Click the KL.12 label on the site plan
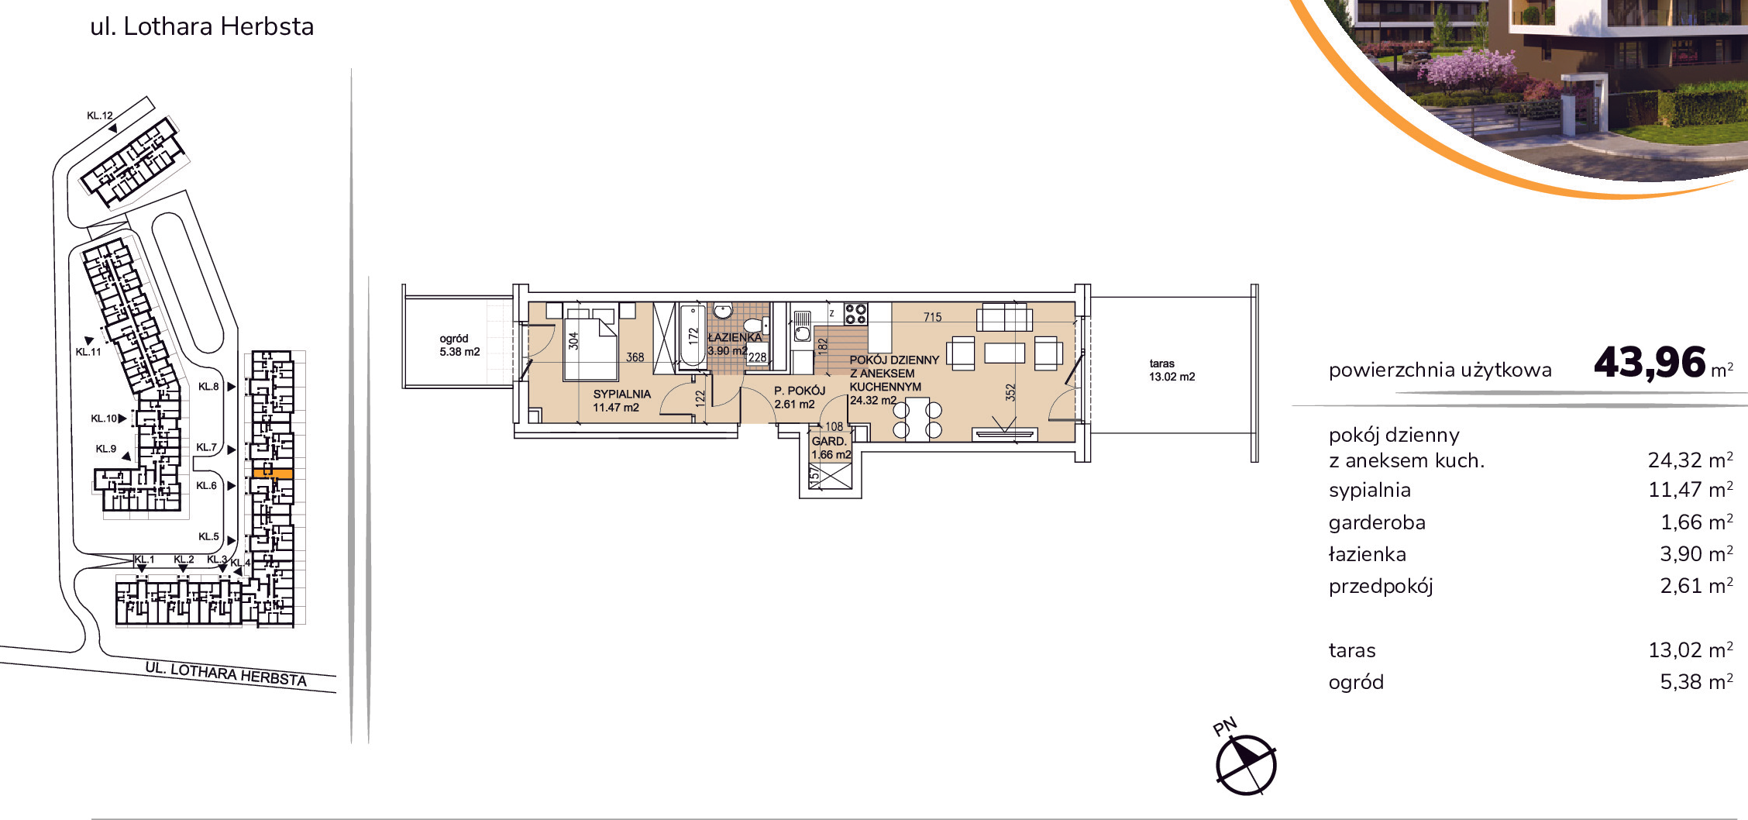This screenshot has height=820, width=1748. pyautogui.click(x=99, y=115)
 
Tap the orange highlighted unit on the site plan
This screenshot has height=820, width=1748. pyautogui.click(x=273, y=473)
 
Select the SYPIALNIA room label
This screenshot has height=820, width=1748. pyautogui.click(x=621, y=394)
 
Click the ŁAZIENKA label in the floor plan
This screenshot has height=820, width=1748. pyautogui.click(x=735, y=337)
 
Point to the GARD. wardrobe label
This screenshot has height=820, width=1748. pyautogui.click(x=829, y=441)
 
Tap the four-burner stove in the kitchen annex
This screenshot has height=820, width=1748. pyautogui.click(x=855, y=314)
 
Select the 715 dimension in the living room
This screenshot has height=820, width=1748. pyautogui.click(x=933, y=317)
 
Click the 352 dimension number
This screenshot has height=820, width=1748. pyautogui.click(x=1010, y=393)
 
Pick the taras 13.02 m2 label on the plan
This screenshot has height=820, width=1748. pyautogui.click(x=1172, y=370)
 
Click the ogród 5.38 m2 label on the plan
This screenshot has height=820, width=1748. pyautogui.click(x=459, y=345)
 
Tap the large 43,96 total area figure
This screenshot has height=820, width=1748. pyautogui.click(x=1650, y=363)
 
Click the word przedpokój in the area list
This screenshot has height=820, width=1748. pyautogui.click(x=1381, y=586)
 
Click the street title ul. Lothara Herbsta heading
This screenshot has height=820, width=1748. pyautogui.click(x=202, y=26)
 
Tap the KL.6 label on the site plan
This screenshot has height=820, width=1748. pyautogui.click(x=206, y=486)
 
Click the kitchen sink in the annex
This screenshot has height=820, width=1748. pyautogui.click(x=802, y=326)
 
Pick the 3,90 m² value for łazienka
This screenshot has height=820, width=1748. pyautogui.click(x=1696, y=554)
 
